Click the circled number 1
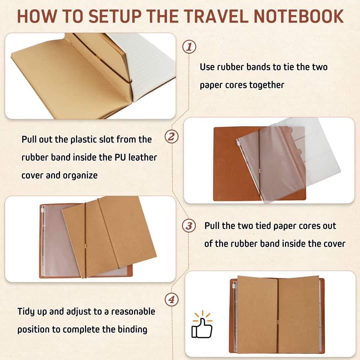coord(189,47)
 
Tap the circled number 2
coord(172,137)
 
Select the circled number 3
coord(189,226)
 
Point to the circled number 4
coord(172,300)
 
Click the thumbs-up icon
coord(202,325)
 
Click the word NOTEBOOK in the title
coord(299,16)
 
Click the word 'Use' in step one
coord(207,67)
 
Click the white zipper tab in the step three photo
coord(42,210)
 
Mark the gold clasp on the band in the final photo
coord(278,322)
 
